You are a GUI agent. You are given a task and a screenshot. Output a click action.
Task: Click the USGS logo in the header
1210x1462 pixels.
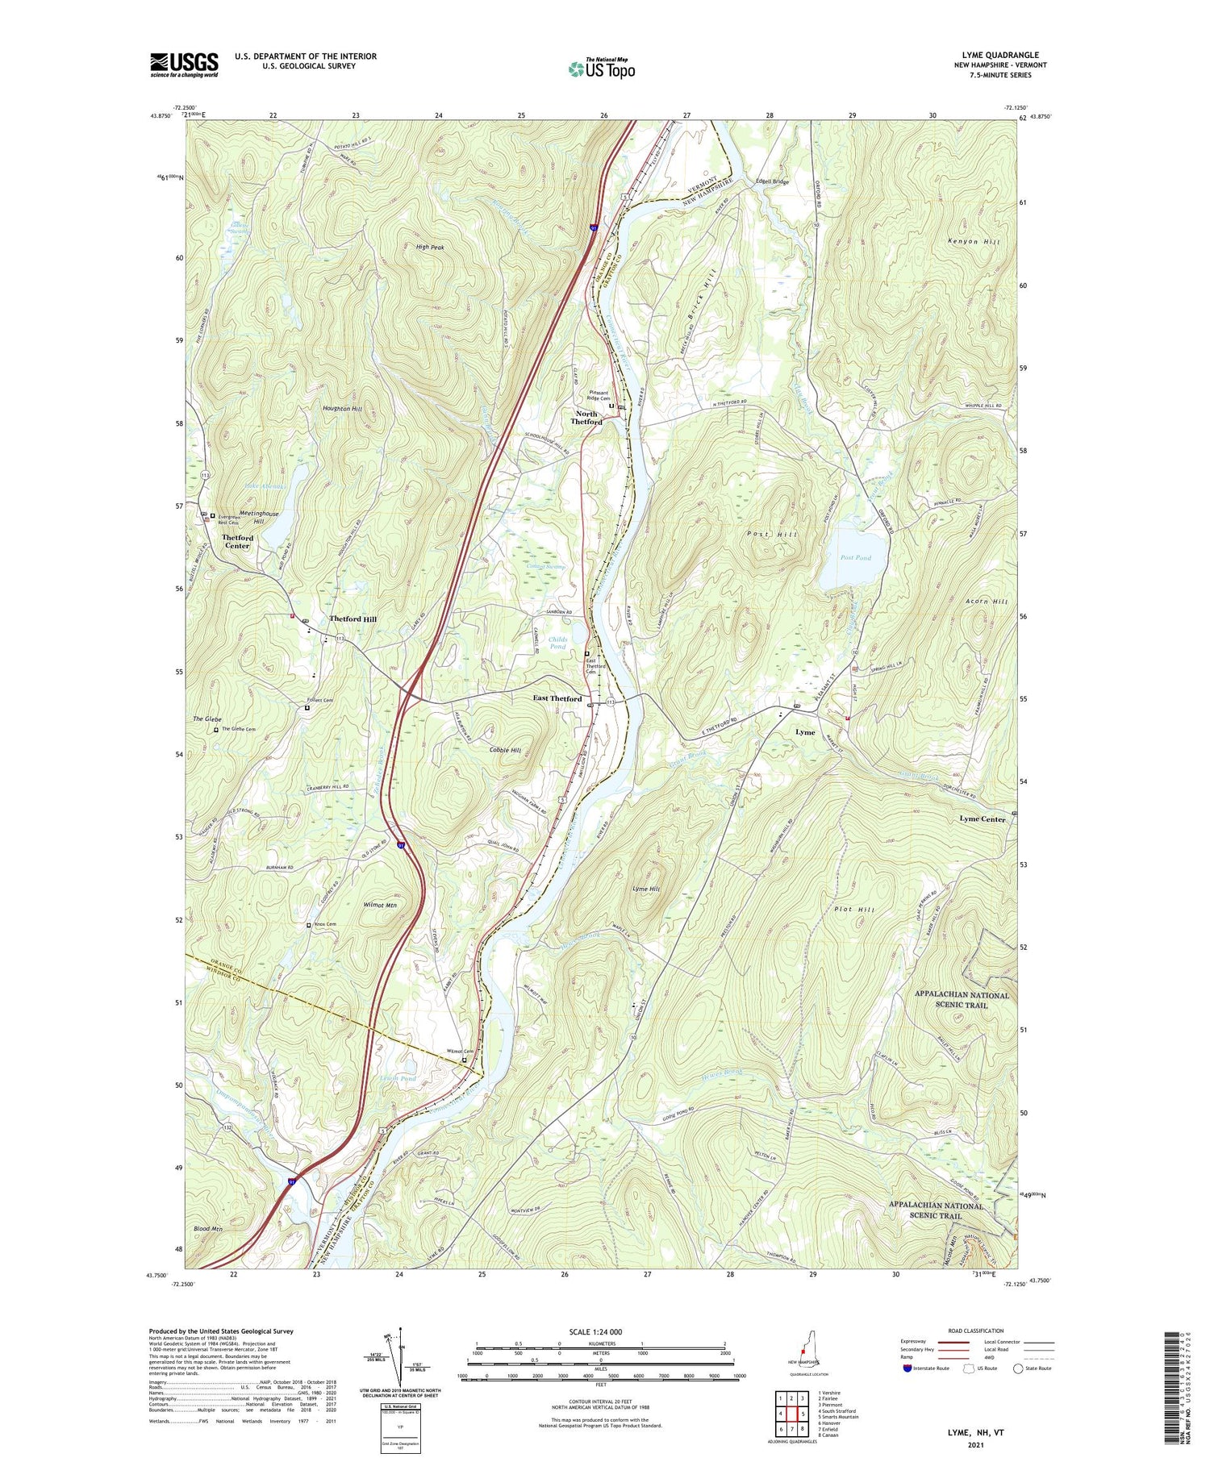[x=184, y=65]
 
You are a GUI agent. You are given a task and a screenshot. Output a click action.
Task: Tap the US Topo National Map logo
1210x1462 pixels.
[x=601, y=69]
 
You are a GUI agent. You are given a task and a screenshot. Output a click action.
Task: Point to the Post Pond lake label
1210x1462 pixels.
[x=855, y=558]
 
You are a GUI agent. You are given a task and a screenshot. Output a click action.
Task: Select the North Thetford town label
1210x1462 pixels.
[x=586, y=418]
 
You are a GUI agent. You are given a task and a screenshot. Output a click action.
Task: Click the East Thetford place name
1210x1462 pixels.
[x=557, y=698]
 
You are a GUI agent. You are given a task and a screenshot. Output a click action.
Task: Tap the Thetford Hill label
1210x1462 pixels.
[x=353, y=619]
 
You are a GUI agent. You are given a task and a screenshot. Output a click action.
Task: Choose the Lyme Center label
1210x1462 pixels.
[x=982, y=819]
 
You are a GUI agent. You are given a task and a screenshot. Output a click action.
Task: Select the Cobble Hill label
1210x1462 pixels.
[x=505, y=750]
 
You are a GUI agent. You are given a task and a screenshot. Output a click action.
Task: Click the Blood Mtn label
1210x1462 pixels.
[x=207, y=1229]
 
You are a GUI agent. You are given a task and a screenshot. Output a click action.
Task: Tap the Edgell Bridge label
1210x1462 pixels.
[x=771, y=182]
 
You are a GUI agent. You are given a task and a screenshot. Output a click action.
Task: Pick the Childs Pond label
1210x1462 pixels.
[x=558, y=643]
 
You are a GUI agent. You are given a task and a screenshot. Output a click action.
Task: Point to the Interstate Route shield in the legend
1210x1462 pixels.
[x=907, y=1368]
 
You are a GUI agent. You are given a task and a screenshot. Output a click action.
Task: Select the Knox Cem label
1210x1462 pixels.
[x=324, y=924]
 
